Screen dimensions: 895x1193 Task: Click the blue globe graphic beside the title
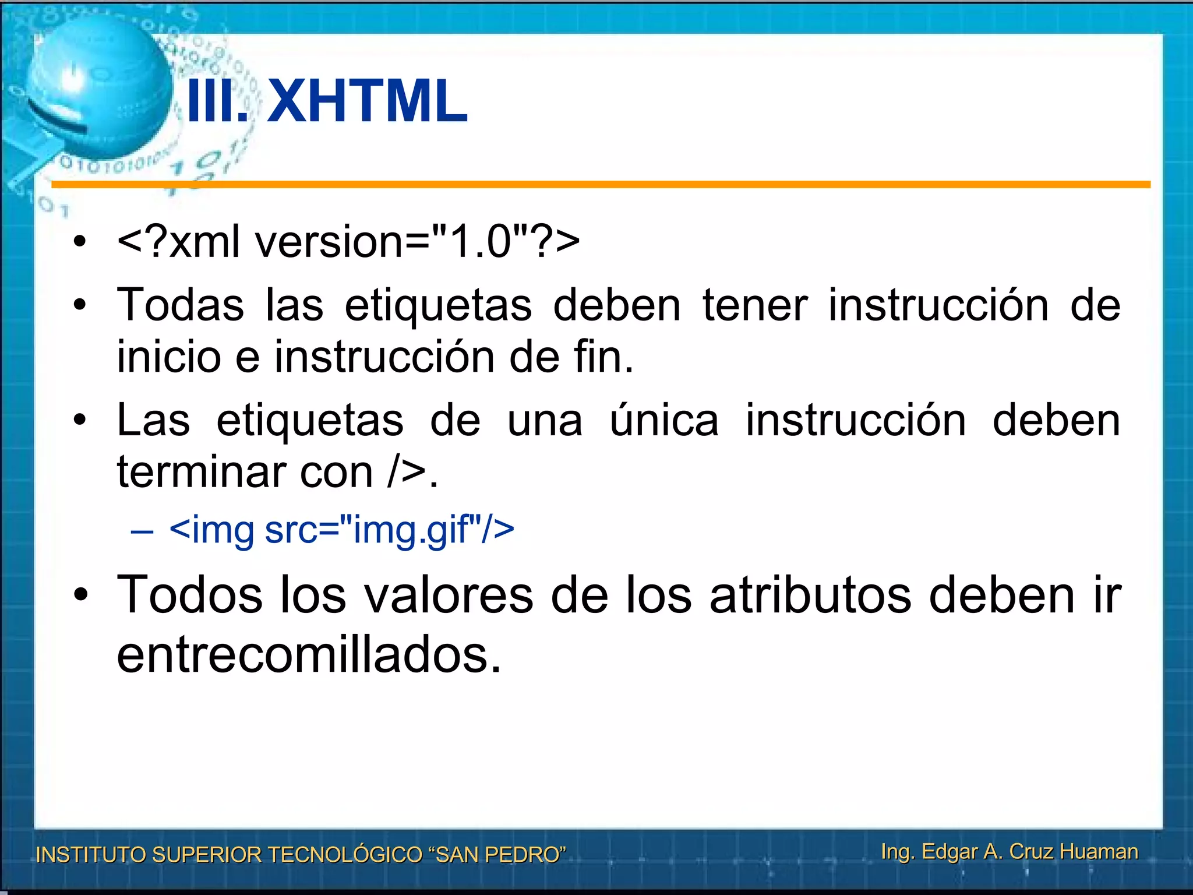click(96, 87)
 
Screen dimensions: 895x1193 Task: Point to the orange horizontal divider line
click(600, 185)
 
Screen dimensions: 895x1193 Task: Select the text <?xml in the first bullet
click(178, 241)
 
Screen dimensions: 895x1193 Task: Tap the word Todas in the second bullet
click(181, 305)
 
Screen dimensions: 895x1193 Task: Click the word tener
click(755, 305)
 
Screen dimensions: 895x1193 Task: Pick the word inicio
click(169, 356)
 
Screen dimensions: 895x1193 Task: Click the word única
click(664, 420)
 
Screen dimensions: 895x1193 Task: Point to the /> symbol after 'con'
click(407, 471)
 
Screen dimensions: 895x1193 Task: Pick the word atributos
click(810, 595)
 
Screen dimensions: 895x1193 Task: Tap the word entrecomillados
click(309, 655)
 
